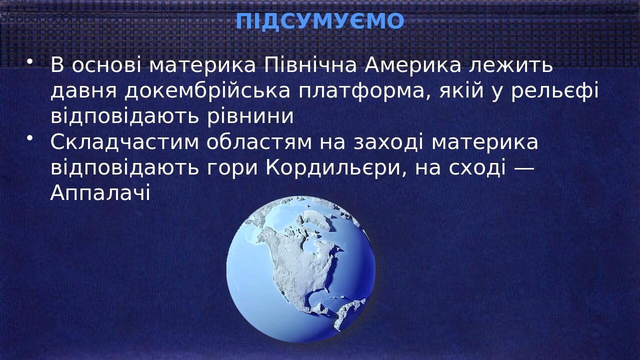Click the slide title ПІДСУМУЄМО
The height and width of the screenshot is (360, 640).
point(319,21)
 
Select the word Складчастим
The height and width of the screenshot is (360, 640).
point(124,142)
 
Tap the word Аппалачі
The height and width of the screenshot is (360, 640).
point(100,193)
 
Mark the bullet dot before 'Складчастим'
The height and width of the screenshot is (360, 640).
point(30,137)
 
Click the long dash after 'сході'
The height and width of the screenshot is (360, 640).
point(524,168)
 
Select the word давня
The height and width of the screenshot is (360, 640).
point(83,91)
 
